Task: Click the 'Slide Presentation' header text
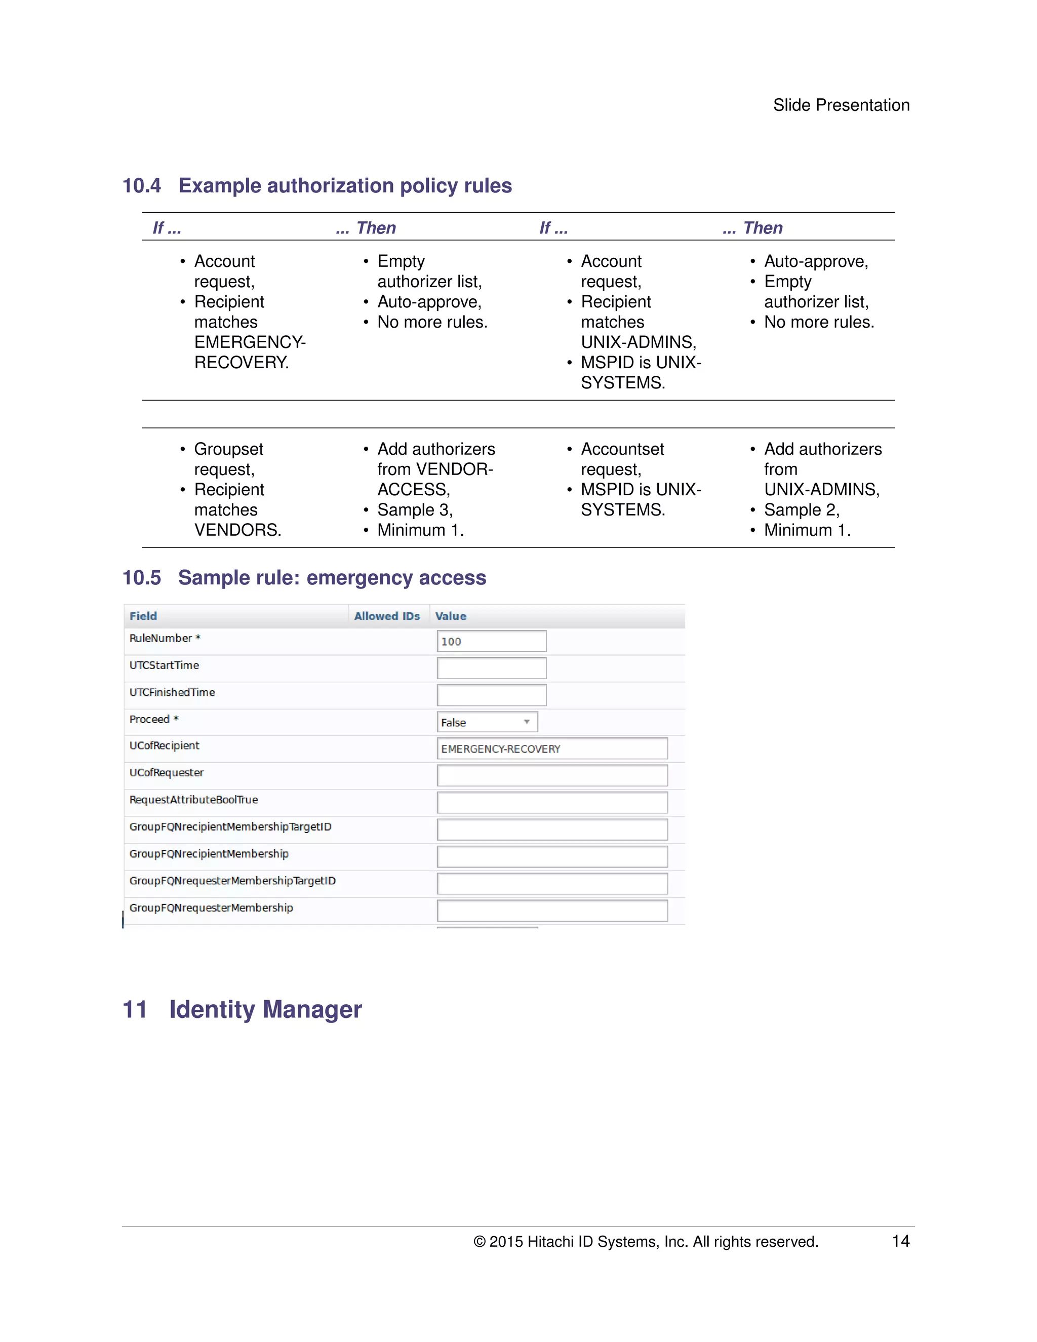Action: tap(841, 105)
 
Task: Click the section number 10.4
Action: tap(141, 185)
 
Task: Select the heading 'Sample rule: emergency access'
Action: tap(332, 578)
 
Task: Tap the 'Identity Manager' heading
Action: tap(265, 1010)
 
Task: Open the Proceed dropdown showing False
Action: tap(487, 722)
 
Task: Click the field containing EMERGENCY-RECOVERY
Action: tap(552, 748)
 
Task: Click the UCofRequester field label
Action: tap(167, 772)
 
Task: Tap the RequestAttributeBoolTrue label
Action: tap(193, 800)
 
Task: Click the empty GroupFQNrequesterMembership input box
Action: tap(552, 910)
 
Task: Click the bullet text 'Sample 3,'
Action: tap(415, 510)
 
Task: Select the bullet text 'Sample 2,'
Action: tap(801, 510)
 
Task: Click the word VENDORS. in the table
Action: tap(238, 530)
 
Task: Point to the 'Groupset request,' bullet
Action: tap(228, 458)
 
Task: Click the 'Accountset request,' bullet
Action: tap(622, 458)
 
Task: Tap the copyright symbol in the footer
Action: tap(479, 1242)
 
